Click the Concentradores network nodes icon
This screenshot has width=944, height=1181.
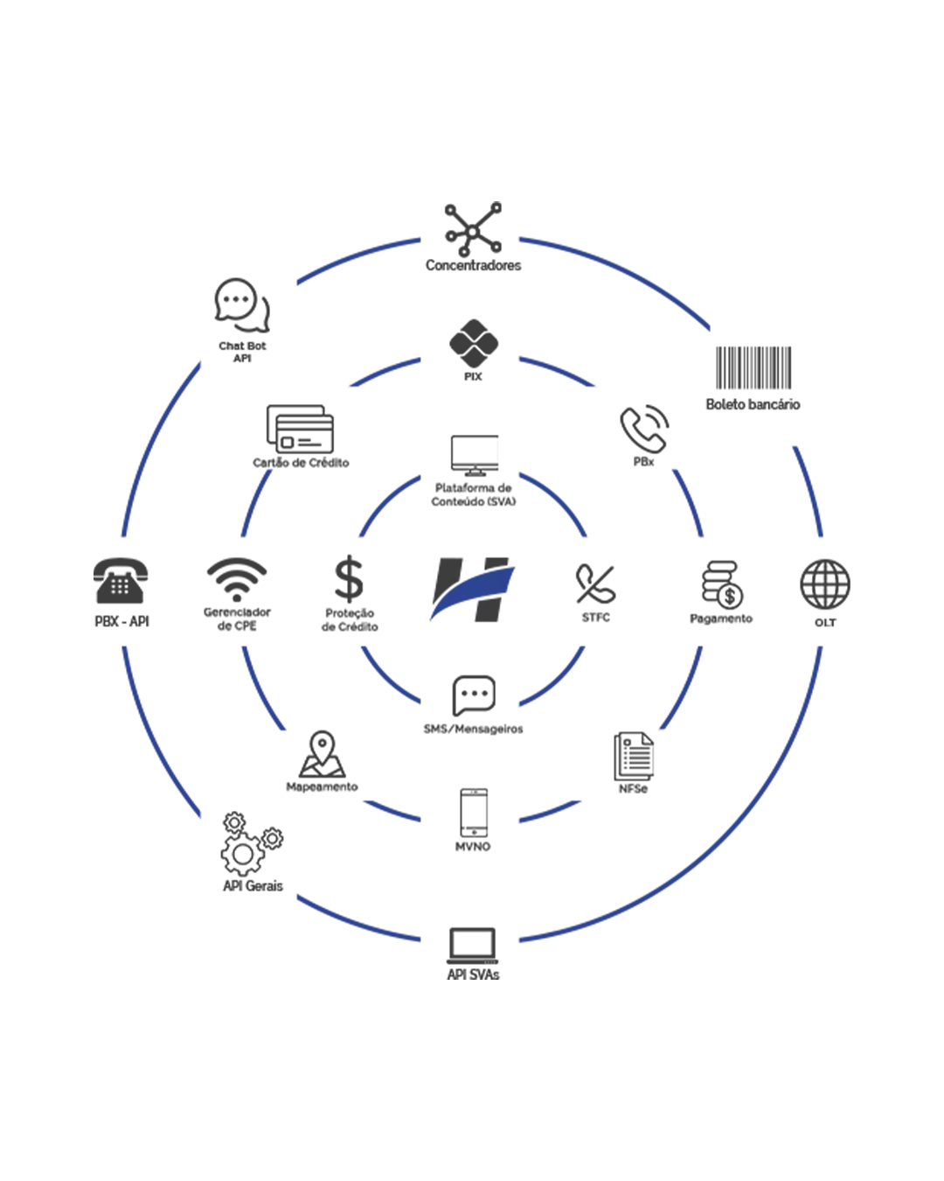click(x=473, y=229)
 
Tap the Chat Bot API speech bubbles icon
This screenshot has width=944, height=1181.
click(x=242, y=305)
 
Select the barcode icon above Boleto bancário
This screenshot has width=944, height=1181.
click(x=753, y=367)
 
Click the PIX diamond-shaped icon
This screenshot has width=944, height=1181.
click(x=474, y=344)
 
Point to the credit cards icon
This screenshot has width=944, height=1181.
click(x=300, y=430)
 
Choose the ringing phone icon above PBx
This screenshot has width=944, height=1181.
click(x=644, y=429)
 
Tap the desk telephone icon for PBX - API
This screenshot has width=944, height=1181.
click(x=120, y=581)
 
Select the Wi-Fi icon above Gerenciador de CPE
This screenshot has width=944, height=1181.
click(x=237, y=579)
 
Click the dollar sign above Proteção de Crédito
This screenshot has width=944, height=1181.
click(x=349, y=578)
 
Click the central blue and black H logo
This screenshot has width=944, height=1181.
click(x=472, y=590)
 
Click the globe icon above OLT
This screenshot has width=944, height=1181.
click(x=825, y=584)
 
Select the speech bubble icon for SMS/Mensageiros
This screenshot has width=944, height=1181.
click(x=474, y=695)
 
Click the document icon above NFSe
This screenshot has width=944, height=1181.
click(x=634, y=756)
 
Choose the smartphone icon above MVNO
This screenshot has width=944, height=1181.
click(x=474, y=813)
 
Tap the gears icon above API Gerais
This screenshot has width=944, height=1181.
click(x=252, y=843)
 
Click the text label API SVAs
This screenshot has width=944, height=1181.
click(x=473, y=974)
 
